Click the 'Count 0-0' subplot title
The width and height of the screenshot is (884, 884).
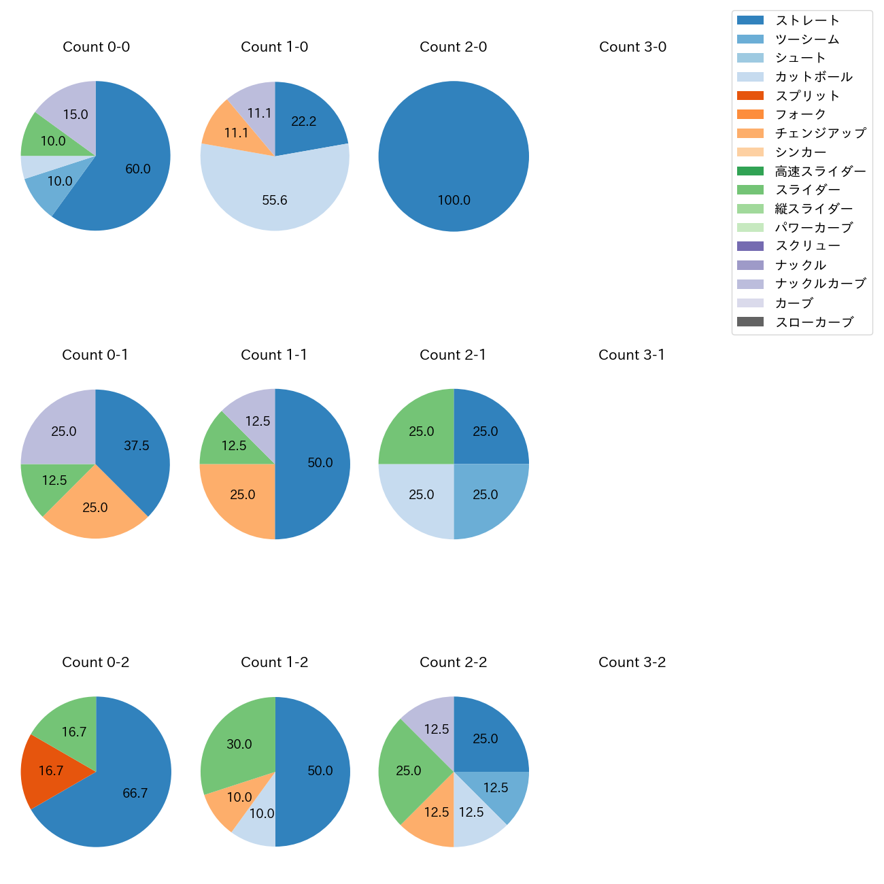click(x=96, y=47)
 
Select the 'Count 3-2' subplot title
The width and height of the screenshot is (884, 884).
click(x=632, y=662)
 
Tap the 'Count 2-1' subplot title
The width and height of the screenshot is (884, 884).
click(x=453, y=355)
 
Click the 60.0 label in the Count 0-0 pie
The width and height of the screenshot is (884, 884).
click(x=138, y=169)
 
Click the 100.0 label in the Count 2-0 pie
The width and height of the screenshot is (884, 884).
click(x=454, y=201)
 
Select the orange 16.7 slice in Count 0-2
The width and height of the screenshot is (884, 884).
click(x=51, y=771)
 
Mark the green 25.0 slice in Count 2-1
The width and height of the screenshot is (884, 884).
click(x=420, y=431)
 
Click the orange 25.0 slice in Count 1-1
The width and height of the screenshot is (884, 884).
click(x=243, y=495)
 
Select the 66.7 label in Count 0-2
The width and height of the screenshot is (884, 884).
click(x=135, y=794)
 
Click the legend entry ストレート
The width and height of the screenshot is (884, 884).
click(x=807, y=20)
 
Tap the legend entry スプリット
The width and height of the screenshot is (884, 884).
click(x=807, y=96)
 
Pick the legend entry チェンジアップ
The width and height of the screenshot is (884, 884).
click(x=820, y=133)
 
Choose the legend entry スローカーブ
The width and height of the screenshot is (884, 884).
click(x=814, y=322)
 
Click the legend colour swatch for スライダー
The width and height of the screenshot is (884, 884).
click(x=750, y=190)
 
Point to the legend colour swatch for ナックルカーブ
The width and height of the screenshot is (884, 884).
click(x=750, y=284)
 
